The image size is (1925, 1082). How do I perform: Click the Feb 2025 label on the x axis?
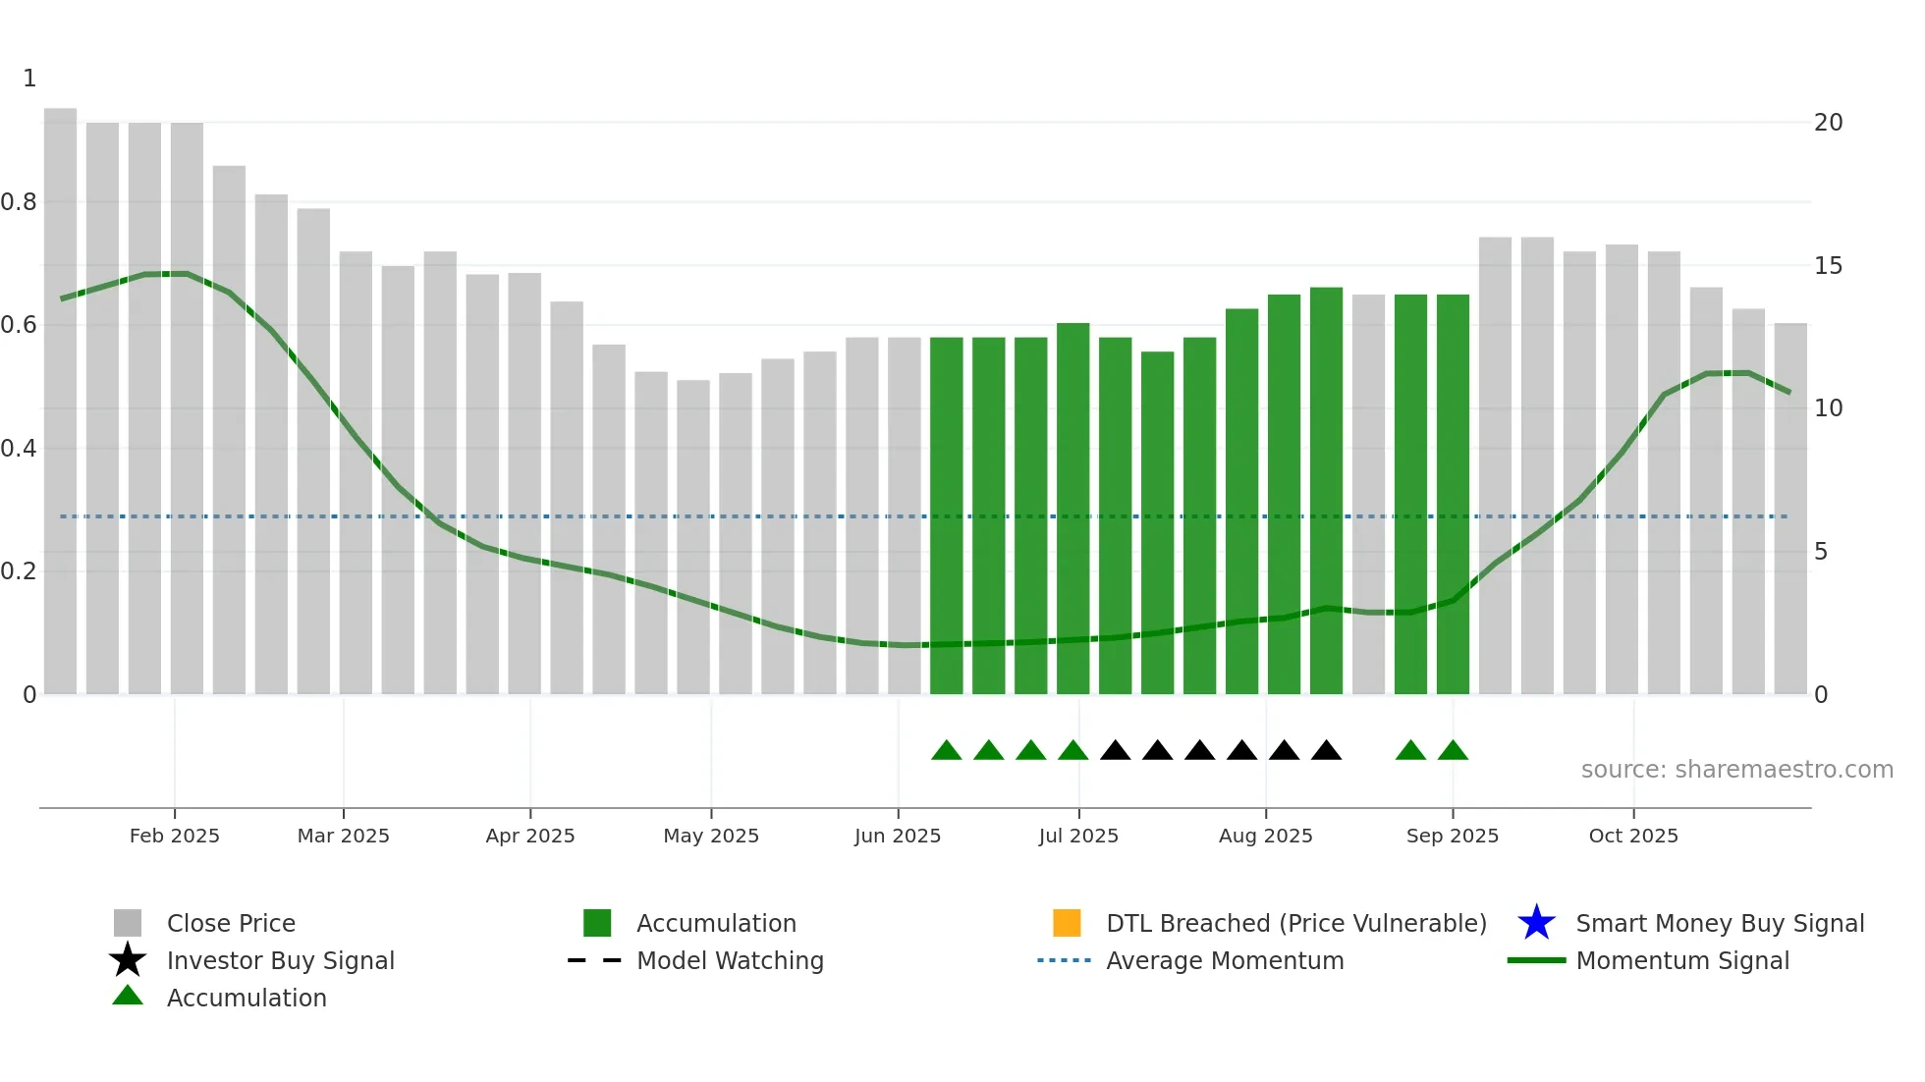tap(175, 836)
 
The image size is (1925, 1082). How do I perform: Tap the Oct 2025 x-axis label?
tap(1633, 836)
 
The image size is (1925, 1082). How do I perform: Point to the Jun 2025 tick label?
tap(897, 836)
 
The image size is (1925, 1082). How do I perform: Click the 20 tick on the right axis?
tap(1828, 123)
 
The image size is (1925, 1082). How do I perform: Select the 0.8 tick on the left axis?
tap(19, 202)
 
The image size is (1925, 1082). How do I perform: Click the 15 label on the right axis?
tap(1828, 266)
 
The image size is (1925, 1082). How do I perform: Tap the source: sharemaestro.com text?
tap(1736, 769)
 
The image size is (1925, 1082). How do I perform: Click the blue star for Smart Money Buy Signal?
tap(1536, 923)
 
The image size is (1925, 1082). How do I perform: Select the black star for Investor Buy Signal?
tap(128, 960)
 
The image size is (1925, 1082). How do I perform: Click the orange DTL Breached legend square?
tap(1067, 923)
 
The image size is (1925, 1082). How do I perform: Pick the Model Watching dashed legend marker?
tap(595, 960)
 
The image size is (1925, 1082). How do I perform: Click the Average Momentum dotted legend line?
tap(1064, 960)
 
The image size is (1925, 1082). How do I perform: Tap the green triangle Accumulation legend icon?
tap(128, 996)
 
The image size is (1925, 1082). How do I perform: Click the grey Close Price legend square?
tap(128, 923)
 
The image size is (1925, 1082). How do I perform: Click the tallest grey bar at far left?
tap(60, 403)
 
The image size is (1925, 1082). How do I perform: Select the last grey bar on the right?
tap(1790, 511)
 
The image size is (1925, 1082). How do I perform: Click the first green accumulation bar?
tap(946, 515)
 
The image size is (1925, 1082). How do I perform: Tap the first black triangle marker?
tap(1115, 751)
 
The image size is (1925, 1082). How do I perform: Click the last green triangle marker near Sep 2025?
tap(1453, 751)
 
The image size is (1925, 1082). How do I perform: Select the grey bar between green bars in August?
tap(1368, 496)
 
